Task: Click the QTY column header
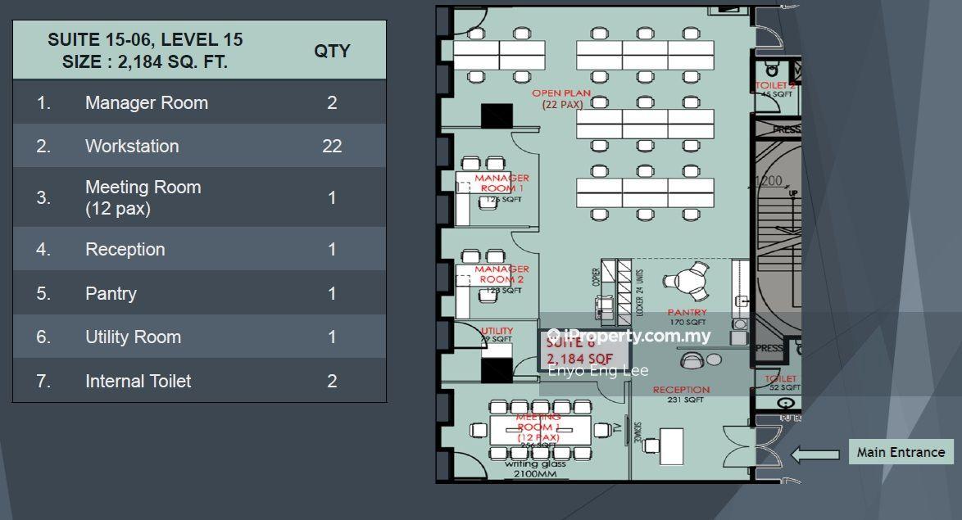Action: tap(332, 51)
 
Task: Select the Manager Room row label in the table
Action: tap(147, 103)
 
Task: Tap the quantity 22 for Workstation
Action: tap(332, 147)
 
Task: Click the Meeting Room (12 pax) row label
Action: tap(143, 197)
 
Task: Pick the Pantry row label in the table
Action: tap(111, 293)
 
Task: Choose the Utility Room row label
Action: tap(133, 337)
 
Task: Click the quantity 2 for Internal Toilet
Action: tap(332, 381)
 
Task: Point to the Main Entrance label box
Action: tap(901, 452)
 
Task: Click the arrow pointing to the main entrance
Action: tap(815, 454)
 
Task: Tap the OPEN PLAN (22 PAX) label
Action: tap(562, 99)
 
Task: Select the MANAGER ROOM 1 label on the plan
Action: tap(501, 183)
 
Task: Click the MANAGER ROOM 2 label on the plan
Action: tap(501, 275)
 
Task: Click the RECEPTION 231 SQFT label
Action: tap(681, 395)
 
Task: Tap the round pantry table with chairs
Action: tap(686, 279)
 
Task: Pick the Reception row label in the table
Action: tap(125, 250)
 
